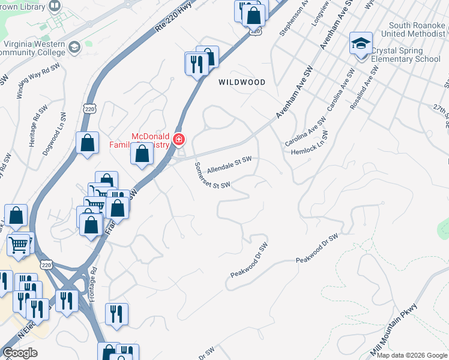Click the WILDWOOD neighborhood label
[242, 82]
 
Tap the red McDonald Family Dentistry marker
[179, 140]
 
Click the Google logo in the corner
[20, 353]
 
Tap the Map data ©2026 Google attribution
[412, 355]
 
